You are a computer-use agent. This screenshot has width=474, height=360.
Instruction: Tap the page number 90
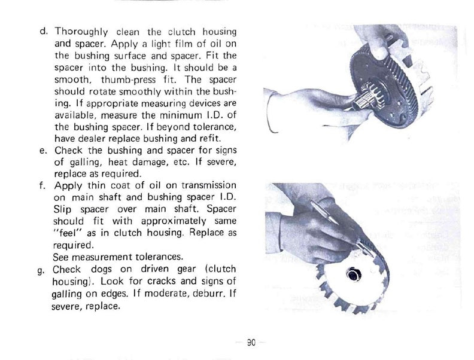pos(251,343)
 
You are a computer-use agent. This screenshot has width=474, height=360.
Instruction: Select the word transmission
pos(205,185)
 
